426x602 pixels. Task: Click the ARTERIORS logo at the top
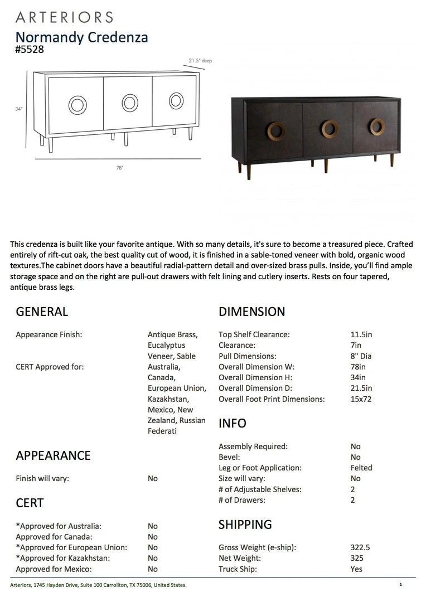(64, 17)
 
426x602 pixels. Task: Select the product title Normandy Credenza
(81, 37)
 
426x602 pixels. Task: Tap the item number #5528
(30, 49)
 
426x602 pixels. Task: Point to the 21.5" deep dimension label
(200, 60)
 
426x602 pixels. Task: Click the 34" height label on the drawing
(19, 109)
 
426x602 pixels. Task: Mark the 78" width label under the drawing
(120, 168)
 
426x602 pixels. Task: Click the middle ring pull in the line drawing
(130, 103)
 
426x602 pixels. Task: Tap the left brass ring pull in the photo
(275, 130)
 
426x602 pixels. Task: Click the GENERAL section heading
(42, 312)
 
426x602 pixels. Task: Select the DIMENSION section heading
(251, 312)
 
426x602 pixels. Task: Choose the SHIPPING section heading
(245, 525)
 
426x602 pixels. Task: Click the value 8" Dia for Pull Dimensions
(361, 356)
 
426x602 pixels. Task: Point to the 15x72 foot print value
(361, 399)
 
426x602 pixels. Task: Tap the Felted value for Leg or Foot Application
(361, 468)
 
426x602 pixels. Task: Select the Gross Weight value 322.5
(360, 547)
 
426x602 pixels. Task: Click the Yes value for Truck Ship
(356, 569)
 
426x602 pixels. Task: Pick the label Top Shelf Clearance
(254, 334)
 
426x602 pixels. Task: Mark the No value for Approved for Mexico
(153, 569)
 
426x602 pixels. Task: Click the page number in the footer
(400, 585)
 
